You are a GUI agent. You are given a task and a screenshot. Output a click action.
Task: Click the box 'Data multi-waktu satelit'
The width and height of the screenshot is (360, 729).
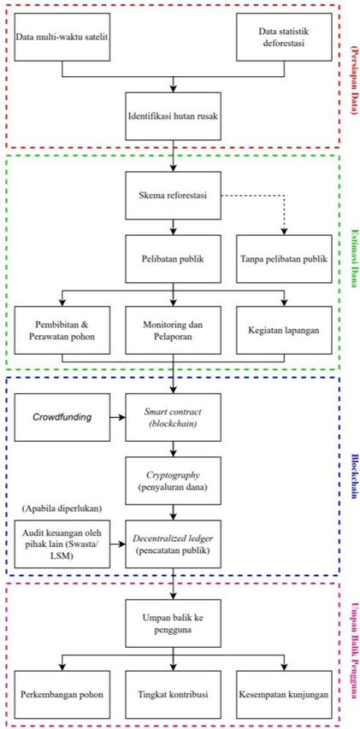(x=62, y=37)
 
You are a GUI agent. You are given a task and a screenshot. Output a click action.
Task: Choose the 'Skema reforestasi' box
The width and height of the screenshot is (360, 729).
(x=174, y=195)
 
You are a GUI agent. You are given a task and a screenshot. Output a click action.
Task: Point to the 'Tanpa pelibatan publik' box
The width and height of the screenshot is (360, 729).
(x=284, y=258)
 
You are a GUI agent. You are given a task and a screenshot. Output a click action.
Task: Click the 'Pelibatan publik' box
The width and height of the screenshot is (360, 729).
(x=174, y=258)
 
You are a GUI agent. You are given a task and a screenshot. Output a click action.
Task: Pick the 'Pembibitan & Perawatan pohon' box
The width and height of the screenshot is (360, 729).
(x=62, y=331)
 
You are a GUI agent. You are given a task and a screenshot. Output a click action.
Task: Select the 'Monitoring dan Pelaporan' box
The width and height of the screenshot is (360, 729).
(x=174, y=331)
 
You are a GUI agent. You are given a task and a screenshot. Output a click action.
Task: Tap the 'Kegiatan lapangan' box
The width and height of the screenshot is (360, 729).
(x=284, y=331)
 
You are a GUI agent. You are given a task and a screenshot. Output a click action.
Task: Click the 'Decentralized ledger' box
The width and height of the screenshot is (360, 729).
(x=174, y=544)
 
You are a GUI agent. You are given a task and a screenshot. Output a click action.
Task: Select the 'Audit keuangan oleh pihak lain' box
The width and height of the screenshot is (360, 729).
(x=62, y=544)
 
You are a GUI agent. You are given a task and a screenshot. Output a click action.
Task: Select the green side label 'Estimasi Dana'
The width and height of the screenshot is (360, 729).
(x=351, y=263)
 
